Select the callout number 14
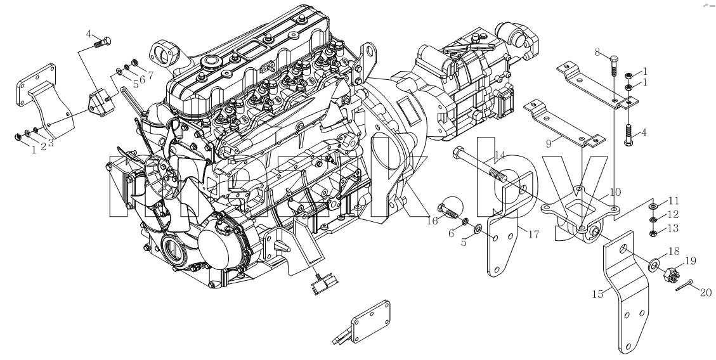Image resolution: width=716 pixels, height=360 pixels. [x=500, y=155]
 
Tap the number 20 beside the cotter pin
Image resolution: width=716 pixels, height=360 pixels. [x=706, y=292]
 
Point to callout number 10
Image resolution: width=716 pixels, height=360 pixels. [x=615, y=192]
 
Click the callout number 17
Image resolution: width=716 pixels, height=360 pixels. [x=533, y=235]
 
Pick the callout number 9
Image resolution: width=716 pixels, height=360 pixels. [x=549, y=143]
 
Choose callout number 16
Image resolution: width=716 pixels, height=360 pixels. [x=432, y=221]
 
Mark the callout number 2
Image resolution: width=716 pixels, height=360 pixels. [x=43, y=146]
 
